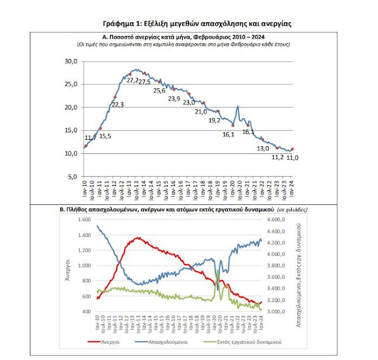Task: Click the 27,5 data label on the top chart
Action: click(144, 82)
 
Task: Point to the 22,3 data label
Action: click(118, 104)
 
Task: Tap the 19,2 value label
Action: click(214, 120)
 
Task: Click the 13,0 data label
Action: click(263, 148)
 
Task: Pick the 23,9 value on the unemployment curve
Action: click(174, 98)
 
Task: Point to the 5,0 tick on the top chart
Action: click(73, 176)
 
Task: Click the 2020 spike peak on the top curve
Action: click(238, 106)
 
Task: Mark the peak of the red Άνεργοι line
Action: click(138, 238)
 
